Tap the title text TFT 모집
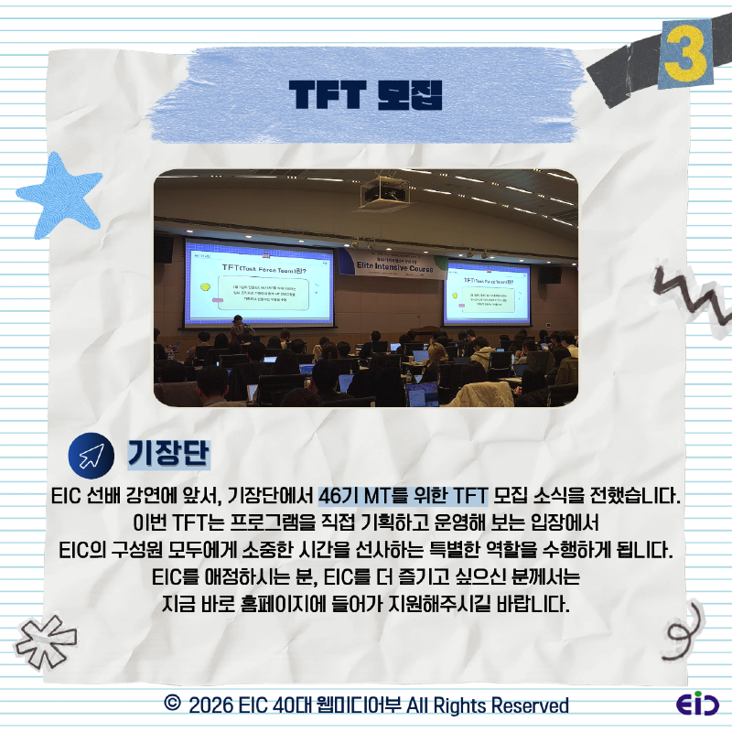coord(365,93)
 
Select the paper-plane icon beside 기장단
coord(91,455)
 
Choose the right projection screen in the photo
coord(486,293)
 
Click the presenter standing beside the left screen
coord(240,328)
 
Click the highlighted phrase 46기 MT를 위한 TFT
coord(404,497)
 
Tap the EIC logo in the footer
coord(697,705)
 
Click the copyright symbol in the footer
coord(170,704)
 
